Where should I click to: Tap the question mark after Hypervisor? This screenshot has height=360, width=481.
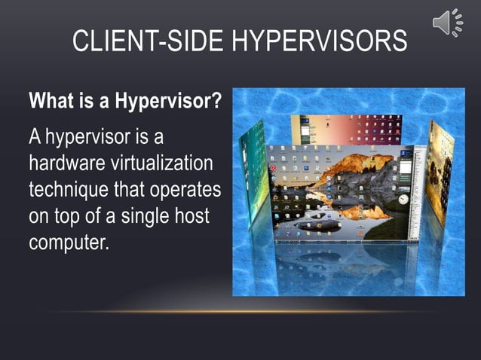pos(216,100)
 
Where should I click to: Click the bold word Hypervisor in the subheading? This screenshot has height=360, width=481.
pos(168,100)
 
